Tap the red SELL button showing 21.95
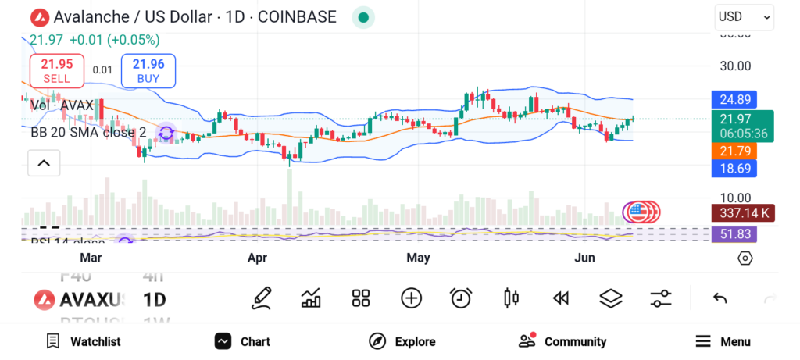click(56, 70)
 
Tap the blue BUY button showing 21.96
click(148, 70)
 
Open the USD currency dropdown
click(744, 17)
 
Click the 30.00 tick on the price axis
click(735, 66)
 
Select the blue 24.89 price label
click(735, 99)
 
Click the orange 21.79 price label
click(735, 150)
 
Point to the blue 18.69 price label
click(735, 169)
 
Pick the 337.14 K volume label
click(742, 212)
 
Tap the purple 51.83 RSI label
click(735, 233)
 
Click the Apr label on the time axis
click(258, 258)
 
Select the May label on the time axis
click(418, 258)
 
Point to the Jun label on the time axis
click(585, 258)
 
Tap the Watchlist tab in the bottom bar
click(84, 341)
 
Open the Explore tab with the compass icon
click(402, 341)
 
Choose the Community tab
click(562, 341)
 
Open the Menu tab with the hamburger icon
click(723, 341)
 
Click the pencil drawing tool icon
click(262, 298)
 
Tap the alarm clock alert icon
click(461, 298)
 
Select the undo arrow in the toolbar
click(720, 298)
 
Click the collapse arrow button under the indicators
click(44, 163)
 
